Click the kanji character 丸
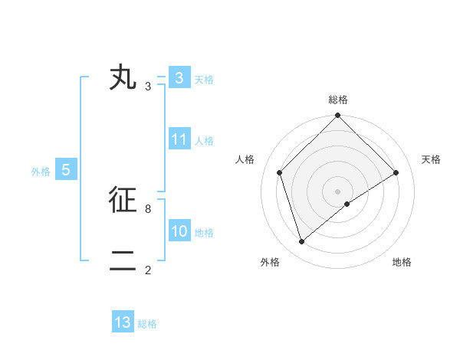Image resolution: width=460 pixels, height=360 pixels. pos(123,78)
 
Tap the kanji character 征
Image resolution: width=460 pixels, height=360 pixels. pos(123,200)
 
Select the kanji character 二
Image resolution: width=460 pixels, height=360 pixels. pos(123,261)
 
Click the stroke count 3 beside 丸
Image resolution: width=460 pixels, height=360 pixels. pos(148,87)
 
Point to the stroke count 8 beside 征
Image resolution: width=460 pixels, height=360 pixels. pos(148,208)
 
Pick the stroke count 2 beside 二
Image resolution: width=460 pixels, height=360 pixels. pos(148,270)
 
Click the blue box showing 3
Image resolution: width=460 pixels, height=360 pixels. pos(179,78)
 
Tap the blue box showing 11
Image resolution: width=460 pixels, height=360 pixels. pos(179,139)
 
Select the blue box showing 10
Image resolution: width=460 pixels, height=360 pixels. pos(179,231)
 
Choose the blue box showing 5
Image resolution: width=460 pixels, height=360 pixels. pos(66,170)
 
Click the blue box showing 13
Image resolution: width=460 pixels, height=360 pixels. pos(123,322)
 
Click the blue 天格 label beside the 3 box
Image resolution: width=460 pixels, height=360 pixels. pos(204,80)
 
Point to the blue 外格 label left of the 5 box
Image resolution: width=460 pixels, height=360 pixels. pos(41,172)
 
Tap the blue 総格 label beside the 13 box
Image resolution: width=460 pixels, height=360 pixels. pos(147,324)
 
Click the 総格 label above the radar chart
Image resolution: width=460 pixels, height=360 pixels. pos(337,100)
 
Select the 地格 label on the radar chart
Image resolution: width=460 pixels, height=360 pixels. pos(402,262)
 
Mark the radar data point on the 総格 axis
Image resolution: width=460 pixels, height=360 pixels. pos(337,116)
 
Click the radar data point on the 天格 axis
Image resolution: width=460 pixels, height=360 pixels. pos(396,172)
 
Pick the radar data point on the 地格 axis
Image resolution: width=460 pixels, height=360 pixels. pos(347,204)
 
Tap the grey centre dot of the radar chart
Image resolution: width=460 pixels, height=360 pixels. pos(337,191)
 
